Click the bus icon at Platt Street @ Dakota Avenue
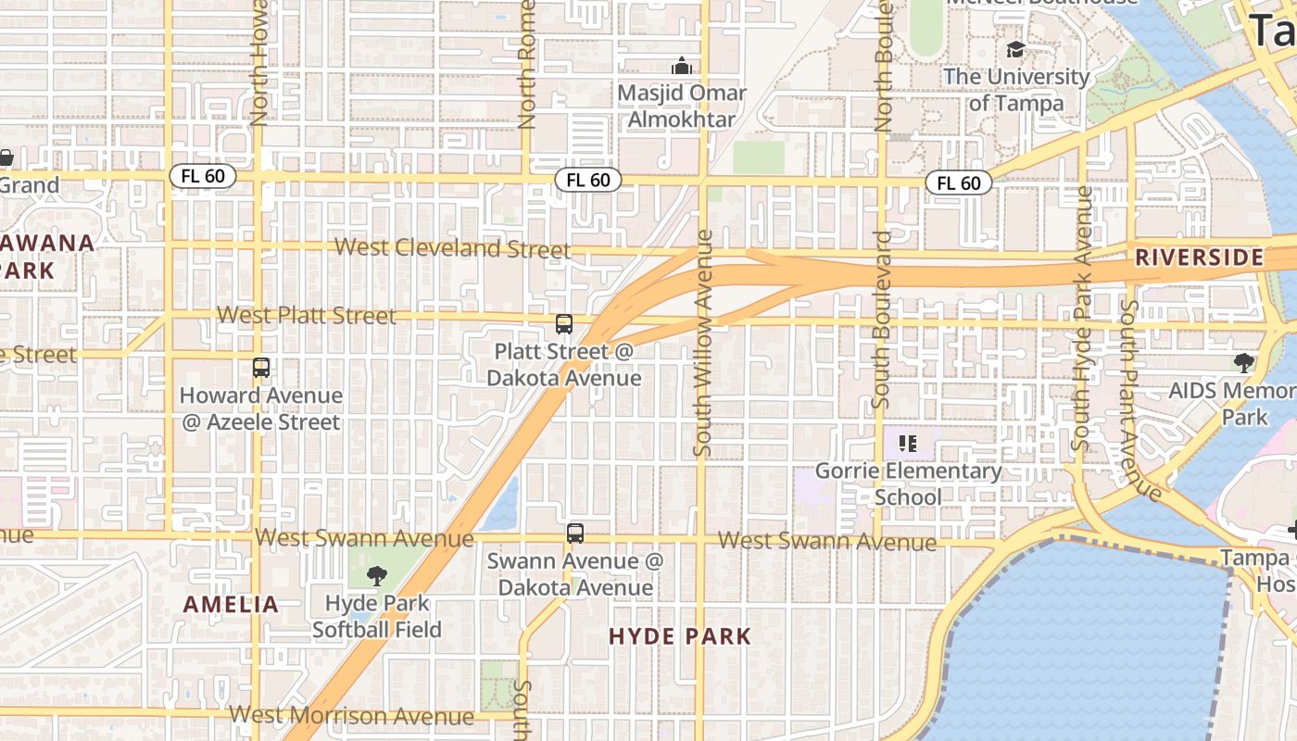coord(563,324)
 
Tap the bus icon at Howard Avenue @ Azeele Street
coord(261,368)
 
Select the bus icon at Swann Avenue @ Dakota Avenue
coord(575,534)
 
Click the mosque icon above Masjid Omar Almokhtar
coord(682,66)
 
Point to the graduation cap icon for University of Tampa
coord(1016,49)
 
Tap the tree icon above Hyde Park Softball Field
coord(376,576)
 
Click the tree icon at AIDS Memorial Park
coord(1243,363)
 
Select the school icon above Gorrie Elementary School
coord(908,444)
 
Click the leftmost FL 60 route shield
coord(203,176)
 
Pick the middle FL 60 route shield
coord(588,180)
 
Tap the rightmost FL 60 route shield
coord(959,183)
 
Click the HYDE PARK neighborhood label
coord(680,636)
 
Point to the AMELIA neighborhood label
coord(231,605)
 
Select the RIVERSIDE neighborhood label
coord(1199,257)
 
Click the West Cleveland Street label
coord(452,248)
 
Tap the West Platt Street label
coord(307,316)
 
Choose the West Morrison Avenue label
coord(351,715)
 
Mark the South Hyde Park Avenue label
coord(1081,318)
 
